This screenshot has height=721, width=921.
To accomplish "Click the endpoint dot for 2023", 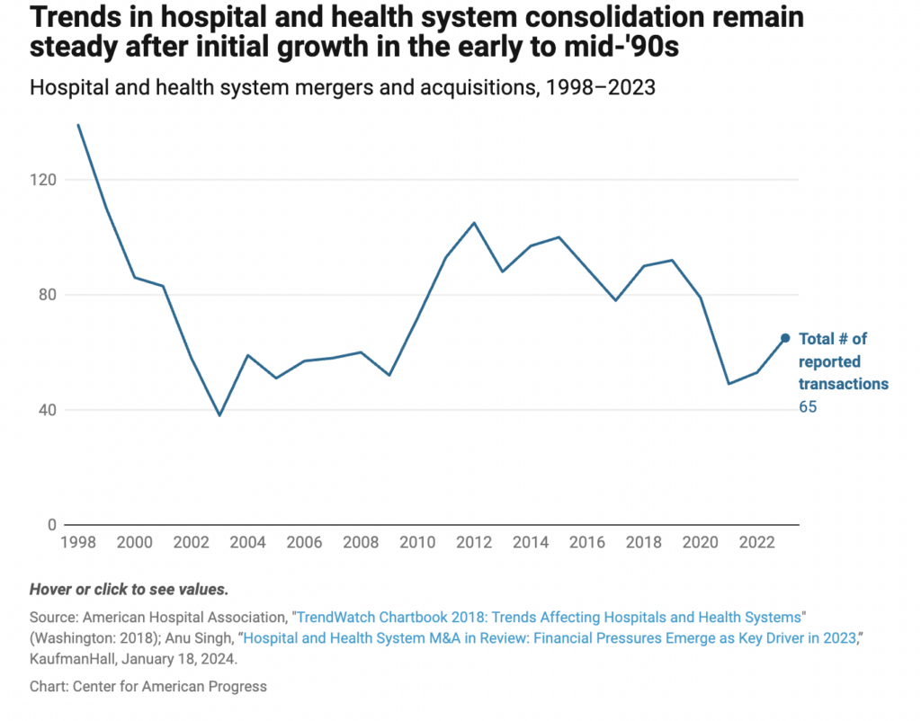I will click(x=785, y=338).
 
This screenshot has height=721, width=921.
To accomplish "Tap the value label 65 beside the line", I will click(x=808, y=407).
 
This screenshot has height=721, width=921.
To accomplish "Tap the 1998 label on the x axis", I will click(x=78, y=543).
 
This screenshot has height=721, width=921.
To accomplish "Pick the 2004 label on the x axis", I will click(x=247, y=543).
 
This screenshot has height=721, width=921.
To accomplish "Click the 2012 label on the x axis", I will click(x=473, y=543).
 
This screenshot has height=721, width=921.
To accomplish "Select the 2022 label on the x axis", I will click(x=756, y=543).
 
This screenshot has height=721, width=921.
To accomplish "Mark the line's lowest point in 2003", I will click(x=219, y=415).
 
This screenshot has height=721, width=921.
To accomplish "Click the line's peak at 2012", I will click(x=474, y=223).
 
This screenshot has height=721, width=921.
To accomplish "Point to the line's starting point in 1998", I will click(x=78, y=125).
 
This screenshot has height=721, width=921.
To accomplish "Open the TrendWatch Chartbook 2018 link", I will click(x=548, y=618).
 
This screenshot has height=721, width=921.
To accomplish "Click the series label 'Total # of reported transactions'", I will click(x=843, y=361).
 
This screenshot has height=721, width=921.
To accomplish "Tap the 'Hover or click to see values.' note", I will click(x=130, y=590).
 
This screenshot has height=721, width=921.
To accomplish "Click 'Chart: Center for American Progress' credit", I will click(x=148, y=687).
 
